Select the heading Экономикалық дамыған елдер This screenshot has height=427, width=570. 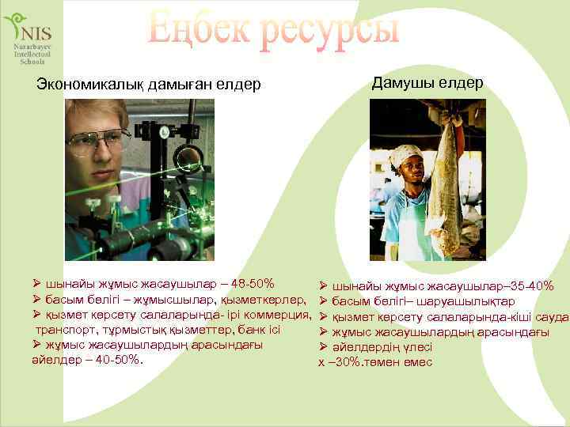(149, 85)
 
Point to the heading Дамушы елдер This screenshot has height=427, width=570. (427, 83)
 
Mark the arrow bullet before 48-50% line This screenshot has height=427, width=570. (36, 283)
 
